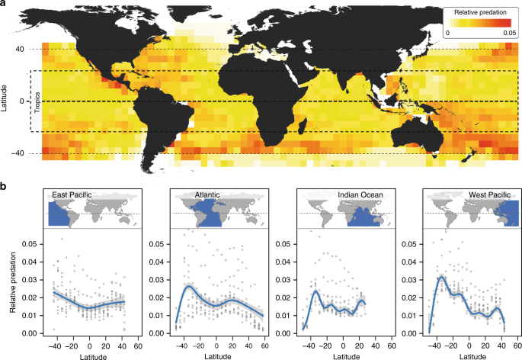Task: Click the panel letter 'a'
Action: tap(5, 5)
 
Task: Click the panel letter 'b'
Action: tap(5, 186)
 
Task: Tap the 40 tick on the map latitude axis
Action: tap(22, 50)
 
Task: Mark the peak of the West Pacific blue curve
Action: tap(441, 277)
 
